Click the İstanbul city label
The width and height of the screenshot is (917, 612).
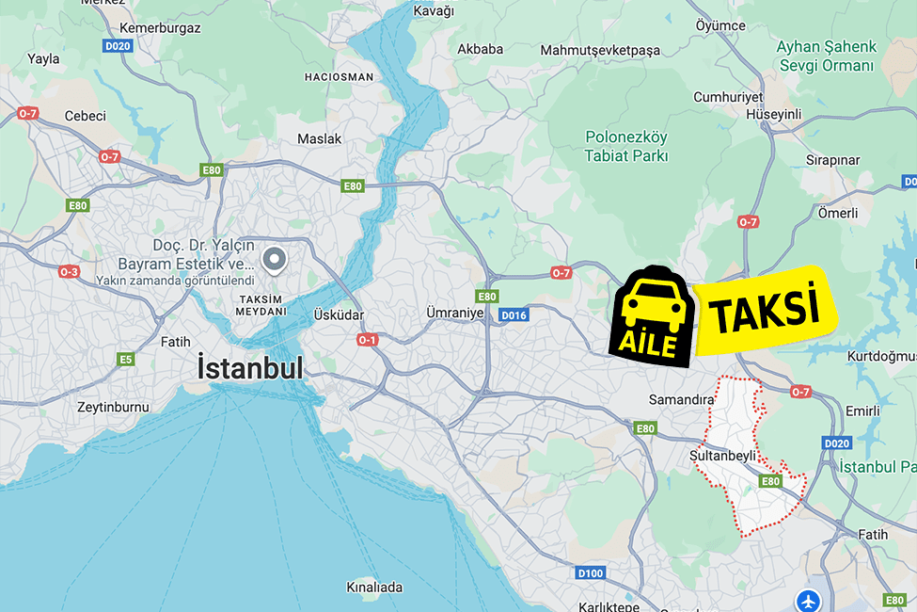coord(250,368)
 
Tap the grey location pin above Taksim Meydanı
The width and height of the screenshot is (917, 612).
coord(274,259)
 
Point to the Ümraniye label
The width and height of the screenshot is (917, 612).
coord(454,313)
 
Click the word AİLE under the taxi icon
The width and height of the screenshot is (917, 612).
coord(648,344)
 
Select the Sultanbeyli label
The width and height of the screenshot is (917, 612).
coord(722,455)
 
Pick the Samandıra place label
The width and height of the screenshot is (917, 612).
coord(682,399)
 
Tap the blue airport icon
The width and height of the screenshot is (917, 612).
coord(808,600)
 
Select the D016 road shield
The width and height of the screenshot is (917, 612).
coord(514,315)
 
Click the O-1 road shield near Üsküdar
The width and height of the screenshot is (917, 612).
coord(367,339)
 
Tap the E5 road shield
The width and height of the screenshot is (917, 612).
coord(125,359)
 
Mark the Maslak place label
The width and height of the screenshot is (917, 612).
coord(319,138)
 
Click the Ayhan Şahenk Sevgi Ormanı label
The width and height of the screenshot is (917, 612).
coord(826,56)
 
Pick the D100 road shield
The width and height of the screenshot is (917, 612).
coord(590,572)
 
